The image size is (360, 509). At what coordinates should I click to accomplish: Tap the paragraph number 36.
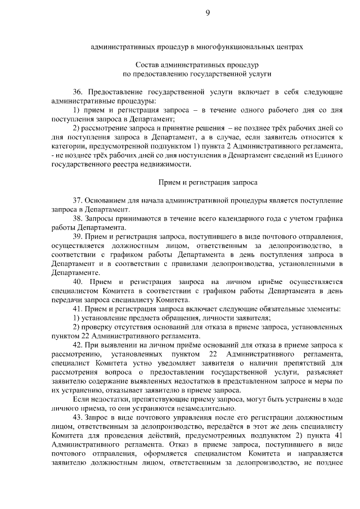[x=77, y=91]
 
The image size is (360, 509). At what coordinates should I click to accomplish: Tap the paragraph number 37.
[x=77, y=200]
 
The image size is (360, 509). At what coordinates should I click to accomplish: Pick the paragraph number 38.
[x=77, y=218]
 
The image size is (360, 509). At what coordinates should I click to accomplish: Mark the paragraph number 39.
[x=77, y=236]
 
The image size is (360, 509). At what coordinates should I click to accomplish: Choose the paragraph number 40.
[x=78, y=282]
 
